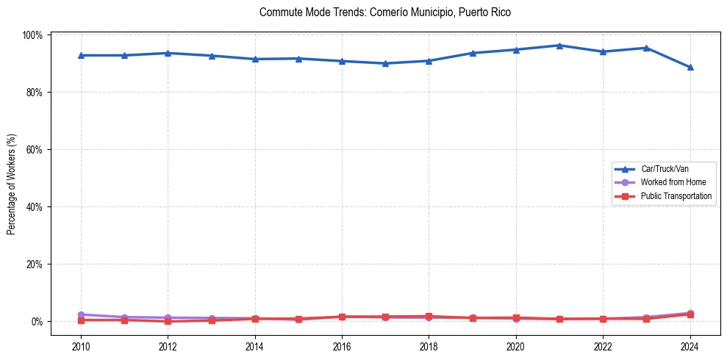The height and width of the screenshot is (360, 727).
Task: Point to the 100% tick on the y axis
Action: [35, 35]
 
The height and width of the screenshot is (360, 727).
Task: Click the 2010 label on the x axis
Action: [81, 346]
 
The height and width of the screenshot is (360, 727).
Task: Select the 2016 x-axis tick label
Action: [342, 346]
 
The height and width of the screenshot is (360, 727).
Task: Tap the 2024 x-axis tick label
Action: [690, 346]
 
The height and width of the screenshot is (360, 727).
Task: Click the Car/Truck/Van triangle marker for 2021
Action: [559, 46]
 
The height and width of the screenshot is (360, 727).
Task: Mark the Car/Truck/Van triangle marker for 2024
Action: [690, 68]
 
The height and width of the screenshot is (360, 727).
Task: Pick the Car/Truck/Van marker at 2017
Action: [385, 63]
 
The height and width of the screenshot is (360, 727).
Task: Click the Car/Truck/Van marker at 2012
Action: [168, 53]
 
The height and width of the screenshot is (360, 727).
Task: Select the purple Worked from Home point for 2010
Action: [81, 314]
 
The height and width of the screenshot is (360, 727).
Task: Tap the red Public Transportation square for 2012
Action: [168, 321]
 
